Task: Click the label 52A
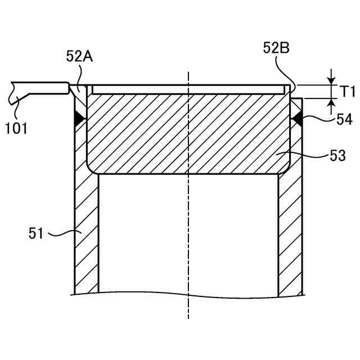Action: pyautogui.click(x=79, y=56)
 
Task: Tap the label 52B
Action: pyautogui.click(x=276, y=48)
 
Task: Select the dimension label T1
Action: pyautogui.click(x=346, y=91)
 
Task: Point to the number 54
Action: pyautogui.click(x=344, y=120)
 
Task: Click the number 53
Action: pyautogui.click(x=337, y=156)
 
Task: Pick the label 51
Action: pyautogui.click(x=36, y=233)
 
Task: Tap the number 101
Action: pyautogui.click(x=16, y=128)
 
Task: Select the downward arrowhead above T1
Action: pyautogui.click(x=331, y=80)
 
